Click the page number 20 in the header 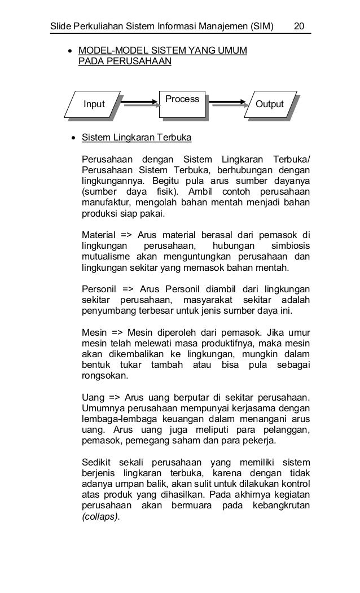point(299,27)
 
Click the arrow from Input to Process point(139,103)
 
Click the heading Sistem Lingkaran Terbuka point(137,138)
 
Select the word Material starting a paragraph point(98,235)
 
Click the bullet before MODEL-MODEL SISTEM point(70,51)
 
